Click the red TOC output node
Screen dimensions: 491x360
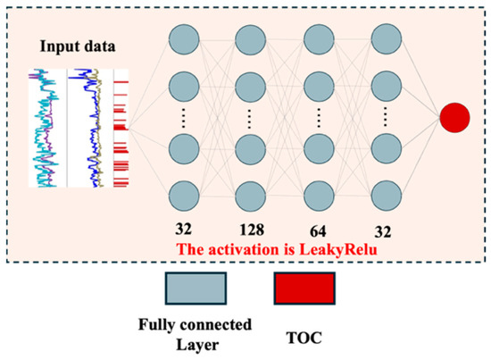[x=454, y=118]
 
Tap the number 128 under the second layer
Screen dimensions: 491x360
[x=252, y=230]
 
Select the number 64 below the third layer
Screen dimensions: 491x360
[x=318, y=231]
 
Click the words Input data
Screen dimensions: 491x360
[x=78, y=46]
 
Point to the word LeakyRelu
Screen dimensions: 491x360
[x=338, y=249]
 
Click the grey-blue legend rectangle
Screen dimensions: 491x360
[x=196, y=289]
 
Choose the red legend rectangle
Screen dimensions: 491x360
[x=304, y=289]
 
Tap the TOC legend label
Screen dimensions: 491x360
[x=304, y=338]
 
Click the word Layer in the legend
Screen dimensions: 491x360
[x=197, y=345]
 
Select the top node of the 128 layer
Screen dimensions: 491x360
[x=251, y=40]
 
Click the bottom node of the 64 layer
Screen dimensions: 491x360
[x=319, y=197]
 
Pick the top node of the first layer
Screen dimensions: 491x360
[x=184, y=40]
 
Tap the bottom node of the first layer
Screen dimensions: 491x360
[x=184, y=197]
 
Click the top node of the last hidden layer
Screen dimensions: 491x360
[x=386, y=38]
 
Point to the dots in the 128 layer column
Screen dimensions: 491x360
[x=250, y=119]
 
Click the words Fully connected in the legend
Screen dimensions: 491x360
[x=196, y=324]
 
